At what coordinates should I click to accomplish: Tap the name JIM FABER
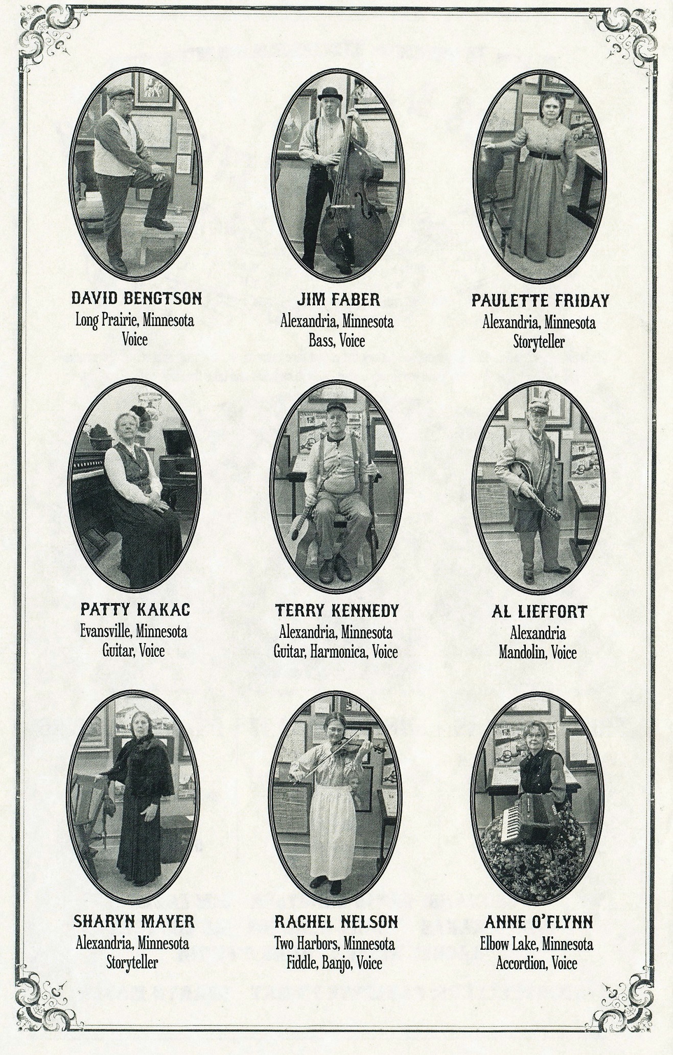click(337, 299)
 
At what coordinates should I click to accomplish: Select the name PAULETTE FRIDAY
click(540, 300)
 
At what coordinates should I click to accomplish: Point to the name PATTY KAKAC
click(135, 609)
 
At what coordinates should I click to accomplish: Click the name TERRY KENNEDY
click(337, 610)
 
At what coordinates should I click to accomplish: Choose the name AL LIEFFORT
click(539, 611)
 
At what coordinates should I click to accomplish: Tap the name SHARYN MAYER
click(134, 921)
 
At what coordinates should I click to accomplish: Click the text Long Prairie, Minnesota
click(135, 320)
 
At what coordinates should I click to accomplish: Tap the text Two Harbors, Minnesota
click(334, 943)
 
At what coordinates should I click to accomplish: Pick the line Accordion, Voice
click(536, 964)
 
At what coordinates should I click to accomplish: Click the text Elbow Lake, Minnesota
click(537, 944)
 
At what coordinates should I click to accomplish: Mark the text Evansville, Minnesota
click(133, 631)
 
